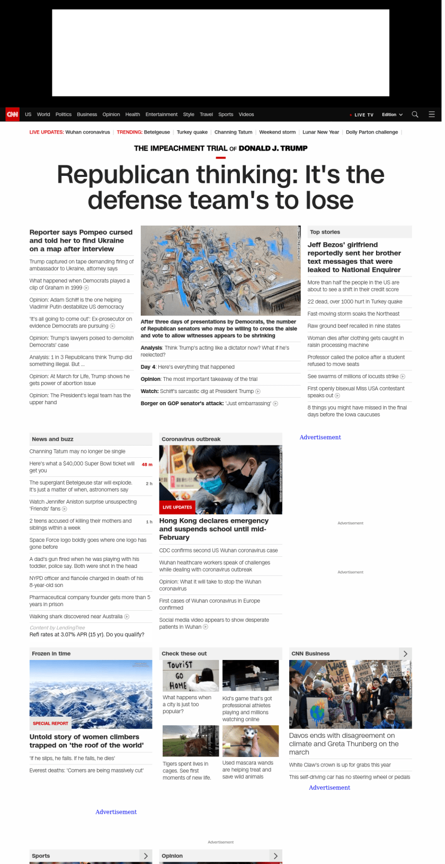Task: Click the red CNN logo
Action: (12, 114)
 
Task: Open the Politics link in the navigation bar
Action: (63, 114)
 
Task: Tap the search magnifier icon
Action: (415, 114)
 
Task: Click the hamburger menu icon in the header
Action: (432, 114)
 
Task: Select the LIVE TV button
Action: (362, 115)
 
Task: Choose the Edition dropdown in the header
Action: (392, 115)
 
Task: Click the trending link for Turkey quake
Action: (192, 132)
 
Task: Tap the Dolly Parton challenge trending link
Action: (371, 132)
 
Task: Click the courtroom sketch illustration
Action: (220, 271)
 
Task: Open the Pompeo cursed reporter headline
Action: (81, 241)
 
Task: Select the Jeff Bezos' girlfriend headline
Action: (354, 257)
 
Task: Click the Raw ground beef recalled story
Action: (354, 326)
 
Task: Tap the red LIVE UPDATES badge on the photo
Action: (177, 507)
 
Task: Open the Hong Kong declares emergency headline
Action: (214, 529)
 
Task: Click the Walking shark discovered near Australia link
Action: (76, 617)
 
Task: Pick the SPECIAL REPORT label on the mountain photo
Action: (51, 724)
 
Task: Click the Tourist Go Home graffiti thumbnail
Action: (191, 675)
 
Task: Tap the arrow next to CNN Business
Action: (405, 654)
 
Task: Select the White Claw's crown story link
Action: (340, 765)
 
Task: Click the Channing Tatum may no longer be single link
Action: (77, 451)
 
